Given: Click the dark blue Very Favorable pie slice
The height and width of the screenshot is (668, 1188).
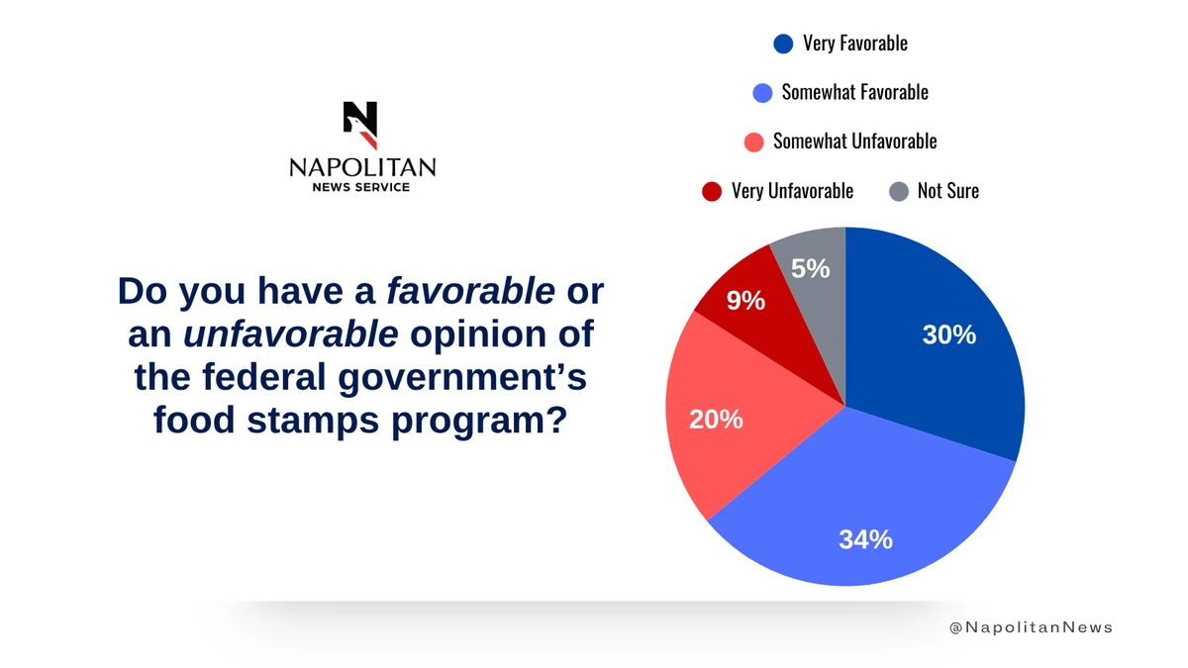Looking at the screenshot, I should tap(940, 376).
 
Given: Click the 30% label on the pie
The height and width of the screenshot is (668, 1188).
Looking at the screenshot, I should tap(948, 335).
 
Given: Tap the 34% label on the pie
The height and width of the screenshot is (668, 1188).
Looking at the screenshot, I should tap(866, 539).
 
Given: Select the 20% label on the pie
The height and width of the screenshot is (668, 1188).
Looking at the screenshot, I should tap(716, 420).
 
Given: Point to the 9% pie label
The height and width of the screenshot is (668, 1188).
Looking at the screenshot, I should tap(745, 301).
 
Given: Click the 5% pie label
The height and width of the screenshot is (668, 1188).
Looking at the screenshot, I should tap(811, 268).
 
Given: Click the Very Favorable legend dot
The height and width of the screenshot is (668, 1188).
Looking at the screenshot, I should tap(783, 44).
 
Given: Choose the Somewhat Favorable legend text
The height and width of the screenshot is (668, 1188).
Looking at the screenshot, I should tap(854, 92).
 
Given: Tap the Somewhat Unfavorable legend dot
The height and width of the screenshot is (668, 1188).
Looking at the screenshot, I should tap(753, 142).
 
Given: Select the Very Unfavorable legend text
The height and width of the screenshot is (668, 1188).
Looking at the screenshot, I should tap(792, 191).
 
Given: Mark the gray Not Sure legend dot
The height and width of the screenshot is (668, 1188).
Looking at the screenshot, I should tap(898, 191).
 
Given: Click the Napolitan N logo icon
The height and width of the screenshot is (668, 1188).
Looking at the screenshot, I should tap(360, 125).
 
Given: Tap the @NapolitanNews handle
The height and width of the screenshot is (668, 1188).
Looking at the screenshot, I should tap(1031, 627).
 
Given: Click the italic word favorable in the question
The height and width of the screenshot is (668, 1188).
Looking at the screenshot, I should tap(470, 291).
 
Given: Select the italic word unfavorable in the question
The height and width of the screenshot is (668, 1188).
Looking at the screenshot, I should tap(291, 334).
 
